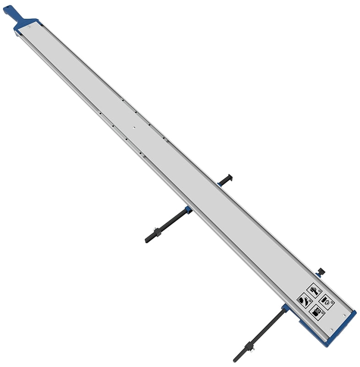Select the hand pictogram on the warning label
point(314,290)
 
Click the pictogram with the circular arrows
point(326,300)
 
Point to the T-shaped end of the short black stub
point(228,178)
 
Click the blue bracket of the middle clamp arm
point(188,211)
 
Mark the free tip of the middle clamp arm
point(147,240)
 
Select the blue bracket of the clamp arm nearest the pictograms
point(285,308)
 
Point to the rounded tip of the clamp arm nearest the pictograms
point(235,360)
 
